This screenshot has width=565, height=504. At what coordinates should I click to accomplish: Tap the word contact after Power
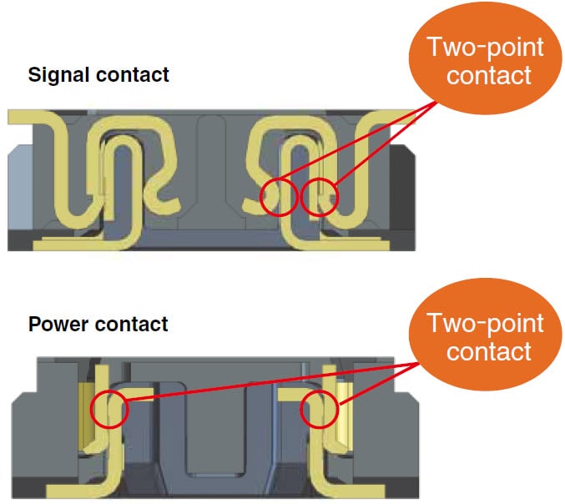point(128,324)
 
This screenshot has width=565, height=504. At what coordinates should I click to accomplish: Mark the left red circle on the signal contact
point(278,198)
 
